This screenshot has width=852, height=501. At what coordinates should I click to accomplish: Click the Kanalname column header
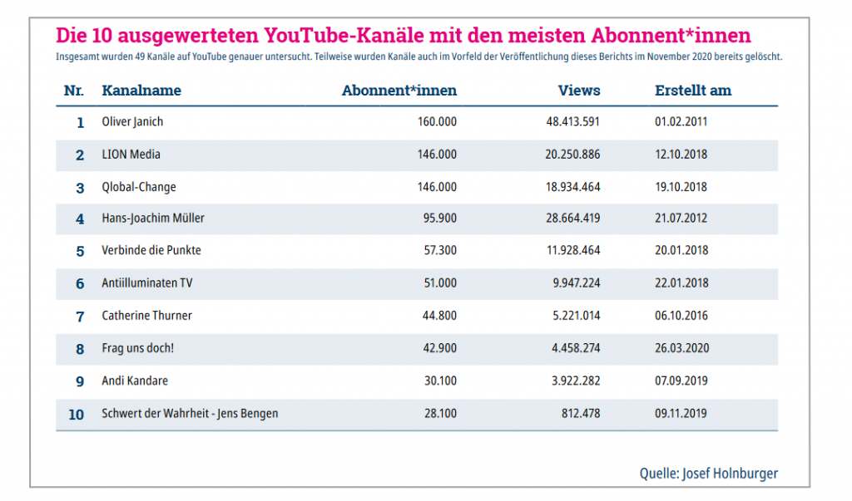point(141,91)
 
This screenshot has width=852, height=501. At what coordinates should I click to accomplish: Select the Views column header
point(578,91)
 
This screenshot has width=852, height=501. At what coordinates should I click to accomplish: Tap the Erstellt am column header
point(693,91)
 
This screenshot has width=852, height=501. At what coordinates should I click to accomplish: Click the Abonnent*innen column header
point(399,91)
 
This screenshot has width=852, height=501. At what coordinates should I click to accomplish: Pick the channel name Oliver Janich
point(132,122)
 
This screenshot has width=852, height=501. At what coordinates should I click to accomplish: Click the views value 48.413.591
point(572,122)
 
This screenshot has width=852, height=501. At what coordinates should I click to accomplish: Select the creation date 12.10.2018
point(681,155)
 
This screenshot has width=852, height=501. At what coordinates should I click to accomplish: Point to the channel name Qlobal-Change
point(138,187)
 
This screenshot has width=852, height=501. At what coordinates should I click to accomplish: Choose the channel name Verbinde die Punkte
point(151,250)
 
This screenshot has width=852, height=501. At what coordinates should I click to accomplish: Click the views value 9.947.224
point(576,283)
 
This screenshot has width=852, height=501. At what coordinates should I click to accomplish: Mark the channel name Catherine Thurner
point(146,316)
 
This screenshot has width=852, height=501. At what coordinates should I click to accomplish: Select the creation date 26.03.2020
point(681,348)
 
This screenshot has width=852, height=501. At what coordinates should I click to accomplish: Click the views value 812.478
point(581,413)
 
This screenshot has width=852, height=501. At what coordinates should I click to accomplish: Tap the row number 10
point(77,414)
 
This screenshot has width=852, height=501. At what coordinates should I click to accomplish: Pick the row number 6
point(80,284)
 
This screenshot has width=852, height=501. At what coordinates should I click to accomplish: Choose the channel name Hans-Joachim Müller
point(153,219)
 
